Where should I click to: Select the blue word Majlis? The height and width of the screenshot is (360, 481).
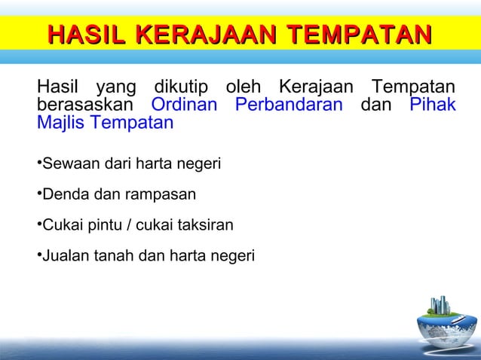pyautogui.click(x=61, y=122)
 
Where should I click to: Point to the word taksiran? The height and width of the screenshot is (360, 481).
pyautogui.click(x=205, y=225)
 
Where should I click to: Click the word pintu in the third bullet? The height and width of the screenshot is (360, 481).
pyautogui.click(x=105, y=225)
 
